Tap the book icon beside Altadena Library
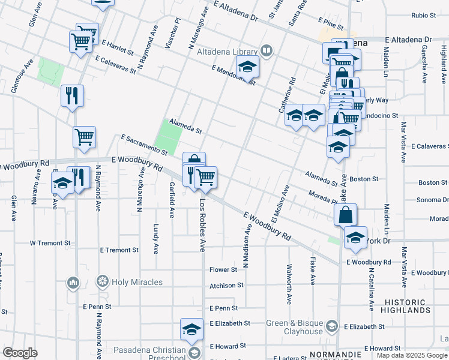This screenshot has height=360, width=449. tap(266, 51)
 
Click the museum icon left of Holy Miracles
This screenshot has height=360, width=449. tap(74, 281)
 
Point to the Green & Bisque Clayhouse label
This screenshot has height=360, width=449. tap(295, 327)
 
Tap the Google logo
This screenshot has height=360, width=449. tap(20, 353)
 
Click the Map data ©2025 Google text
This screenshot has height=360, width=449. tap(412, 355)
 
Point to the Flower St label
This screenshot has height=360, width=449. tap(224, 270)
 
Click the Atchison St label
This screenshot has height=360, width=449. tap(226, 286)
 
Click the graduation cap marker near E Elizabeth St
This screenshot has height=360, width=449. tap(191, 329)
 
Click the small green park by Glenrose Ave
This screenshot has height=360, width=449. tap(51, 72)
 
